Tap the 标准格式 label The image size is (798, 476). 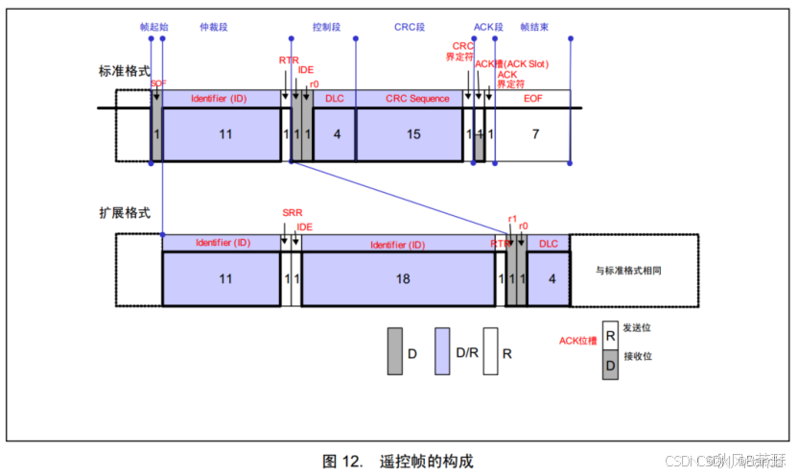(124, 71)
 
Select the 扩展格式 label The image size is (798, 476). (124, 212)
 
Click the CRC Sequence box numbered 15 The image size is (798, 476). (413, 134)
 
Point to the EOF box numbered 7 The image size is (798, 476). (534, 134)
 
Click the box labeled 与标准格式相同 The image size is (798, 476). (628, 271)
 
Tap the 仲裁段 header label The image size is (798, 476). (213, 27)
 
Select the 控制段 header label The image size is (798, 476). (328, 27)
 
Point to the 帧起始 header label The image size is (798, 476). (153, 27)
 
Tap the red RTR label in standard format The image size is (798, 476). (289, 59)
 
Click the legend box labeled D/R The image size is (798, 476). (442, 350)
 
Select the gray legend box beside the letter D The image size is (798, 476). (394, 350)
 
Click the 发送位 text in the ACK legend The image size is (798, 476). (637, 327)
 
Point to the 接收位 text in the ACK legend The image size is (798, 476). (637, 355)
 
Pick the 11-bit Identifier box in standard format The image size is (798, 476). (224, 134)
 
